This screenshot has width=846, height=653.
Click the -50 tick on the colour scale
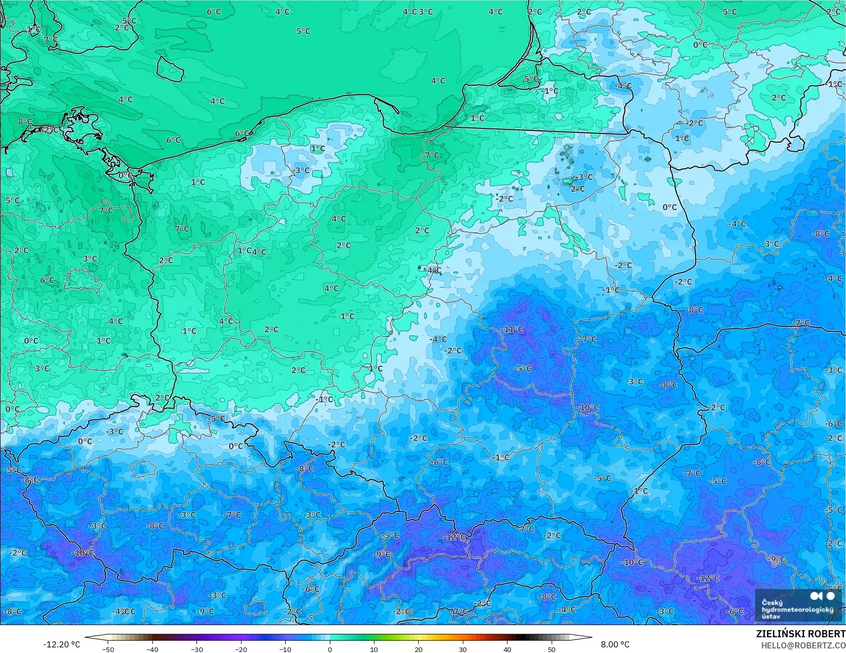point(108,649)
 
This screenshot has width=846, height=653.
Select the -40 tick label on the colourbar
point(152,649)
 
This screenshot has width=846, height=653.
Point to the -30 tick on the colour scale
point(196,649)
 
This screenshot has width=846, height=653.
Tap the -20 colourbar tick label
point(241,649)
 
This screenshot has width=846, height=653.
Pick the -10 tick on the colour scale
point(285,649)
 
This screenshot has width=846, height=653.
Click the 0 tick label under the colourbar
point(330,649)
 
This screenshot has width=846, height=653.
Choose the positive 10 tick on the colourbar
point(374,649)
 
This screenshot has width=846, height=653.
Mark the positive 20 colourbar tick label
point(419,649)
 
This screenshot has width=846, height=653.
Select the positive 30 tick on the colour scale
point(463,649)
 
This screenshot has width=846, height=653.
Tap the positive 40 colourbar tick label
point(507,649)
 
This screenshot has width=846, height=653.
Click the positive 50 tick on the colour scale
point(552,649)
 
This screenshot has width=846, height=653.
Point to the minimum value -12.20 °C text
point(61,644)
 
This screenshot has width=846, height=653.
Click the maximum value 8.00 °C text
point(615,644)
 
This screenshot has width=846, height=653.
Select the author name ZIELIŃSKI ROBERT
point(800,634)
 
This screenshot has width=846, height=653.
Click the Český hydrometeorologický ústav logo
point(798,605)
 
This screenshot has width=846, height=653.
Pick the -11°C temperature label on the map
point(512,329)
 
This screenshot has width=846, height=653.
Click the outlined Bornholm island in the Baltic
point(170,69)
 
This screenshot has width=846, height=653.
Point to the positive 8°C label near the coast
point(24,122)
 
